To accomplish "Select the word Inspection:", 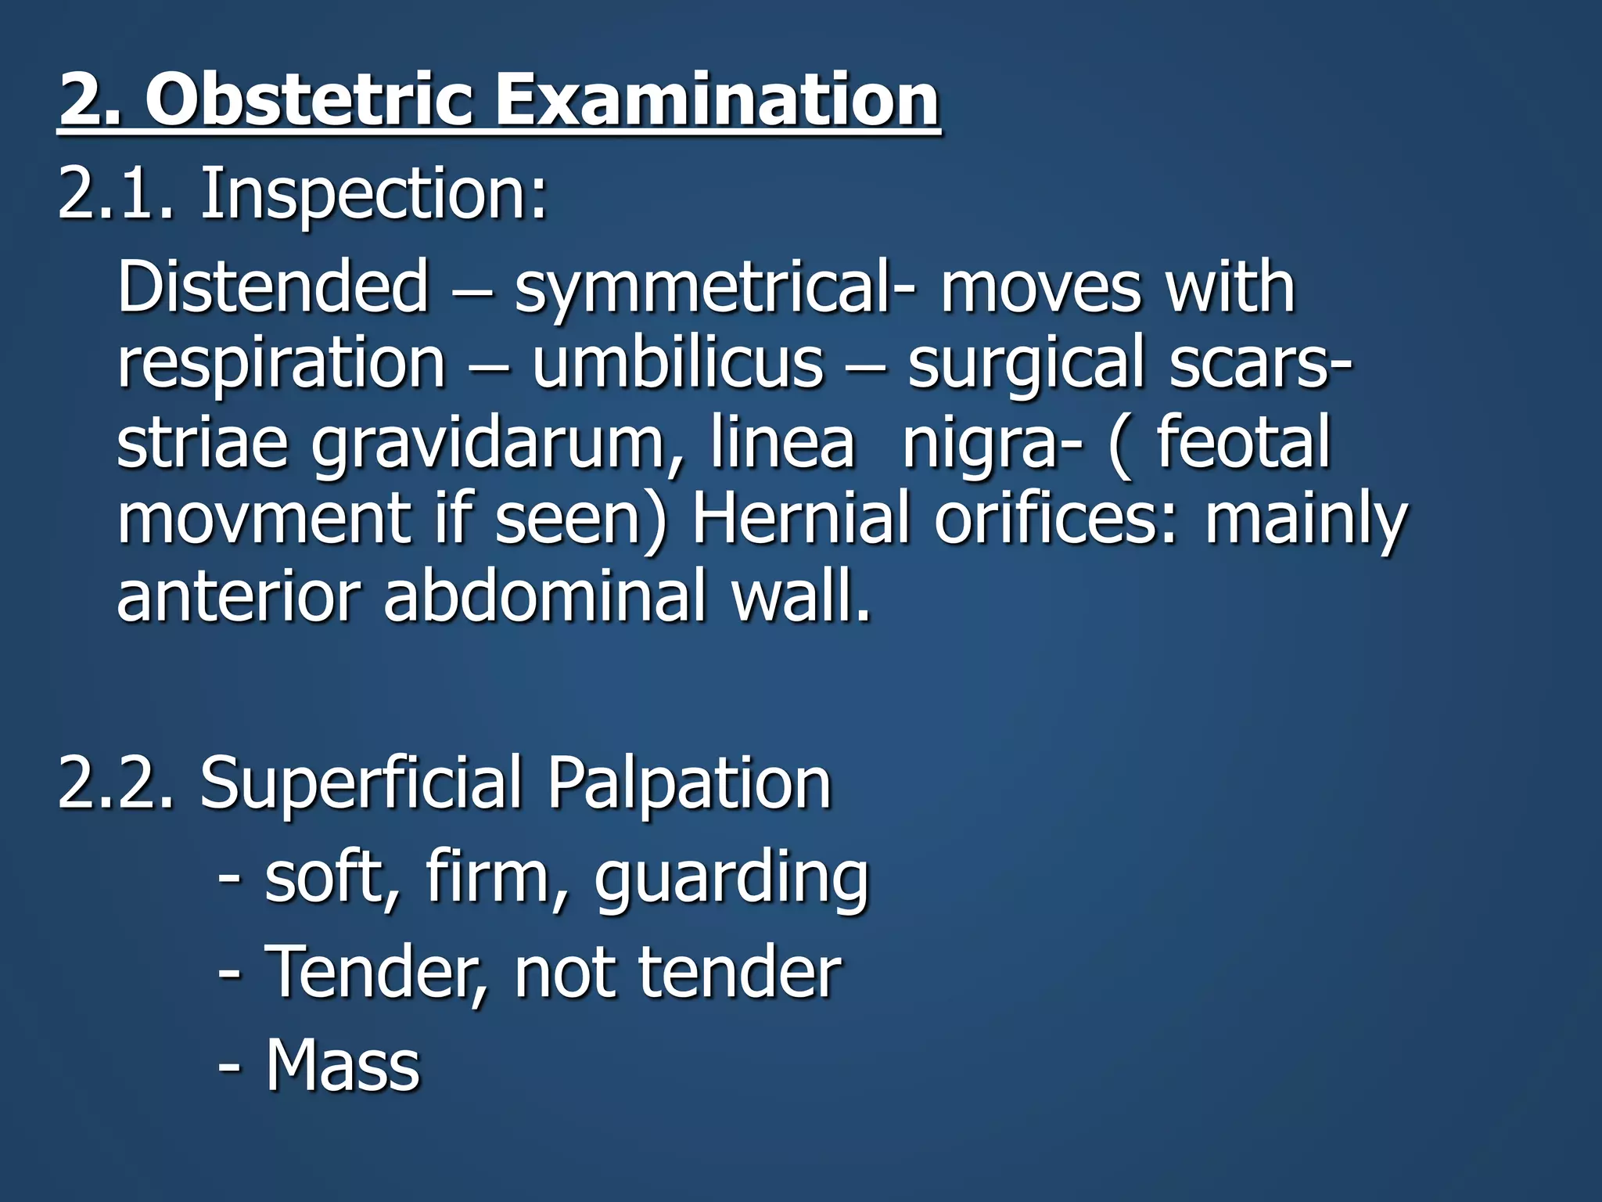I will click(374, 196).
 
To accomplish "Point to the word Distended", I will click(273, 286).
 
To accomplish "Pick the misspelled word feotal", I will click(1243, 442).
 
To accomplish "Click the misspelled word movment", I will click(263, 518).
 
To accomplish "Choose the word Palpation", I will click(688, 784).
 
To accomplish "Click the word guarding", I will click(731, 878).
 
